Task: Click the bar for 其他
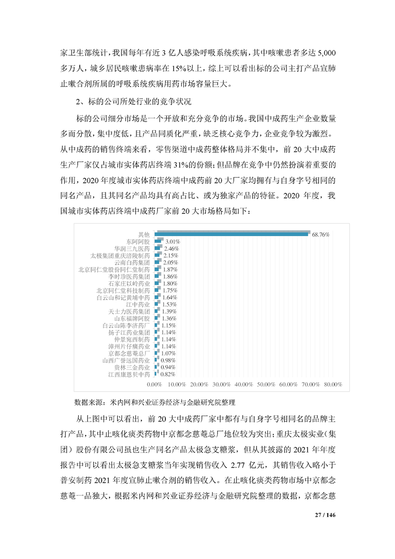(232, 234)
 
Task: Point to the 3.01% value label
(172, 241)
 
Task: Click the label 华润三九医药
(132, 248)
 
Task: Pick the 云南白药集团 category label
(132, 262)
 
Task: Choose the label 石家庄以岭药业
(129, 283)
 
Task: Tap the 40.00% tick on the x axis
(244, 385)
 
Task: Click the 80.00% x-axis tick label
(332, 385)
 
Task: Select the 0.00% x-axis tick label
(155, 385)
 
